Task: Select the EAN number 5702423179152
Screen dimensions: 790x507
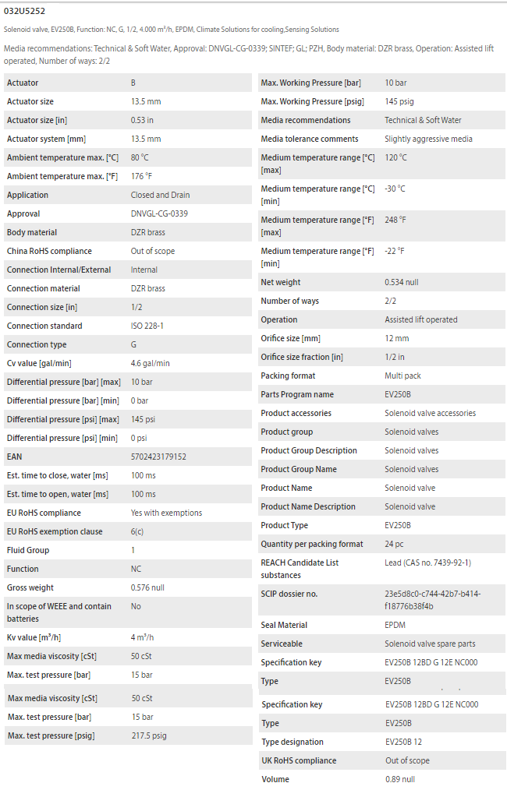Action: [158, 457]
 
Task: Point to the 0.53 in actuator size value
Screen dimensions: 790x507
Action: [142, 120]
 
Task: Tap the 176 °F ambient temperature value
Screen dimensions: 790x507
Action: [141, 176]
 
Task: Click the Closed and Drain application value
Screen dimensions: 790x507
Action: [160, 195]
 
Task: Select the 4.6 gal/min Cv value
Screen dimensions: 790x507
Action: [151, 363]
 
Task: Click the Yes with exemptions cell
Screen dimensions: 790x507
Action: [166, 513]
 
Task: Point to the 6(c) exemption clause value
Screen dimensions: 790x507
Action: [137, 531]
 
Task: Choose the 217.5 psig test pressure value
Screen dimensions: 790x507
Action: [149, 735]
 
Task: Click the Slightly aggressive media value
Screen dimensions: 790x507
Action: [428, 139]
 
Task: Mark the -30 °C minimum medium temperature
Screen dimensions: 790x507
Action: [395, 189]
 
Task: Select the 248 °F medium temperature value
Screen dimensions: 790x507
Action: [395, 220]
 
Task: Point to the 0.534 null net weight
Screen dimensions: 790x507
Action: [402, 282]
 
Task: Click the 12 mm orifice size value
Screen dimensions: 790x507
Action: [397, 338]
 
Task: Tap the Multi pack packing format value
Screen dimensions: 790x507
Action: [402, 376]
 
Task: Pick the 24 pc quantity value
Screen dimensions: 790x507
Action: [394, 544]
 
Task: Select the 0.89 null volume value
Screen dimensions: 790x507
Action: [399, 779]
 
